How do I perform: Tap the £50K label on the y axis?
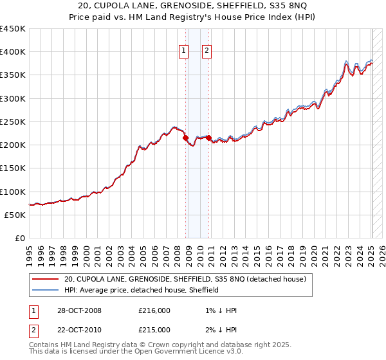click(x=15, y=215)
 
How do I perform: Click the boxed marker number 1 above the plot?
click(x=184, y=51)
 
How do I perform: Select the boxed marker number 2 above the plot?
click(x=207, y=51)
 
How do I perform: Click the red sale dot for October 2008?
click(x=186, y=138)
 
